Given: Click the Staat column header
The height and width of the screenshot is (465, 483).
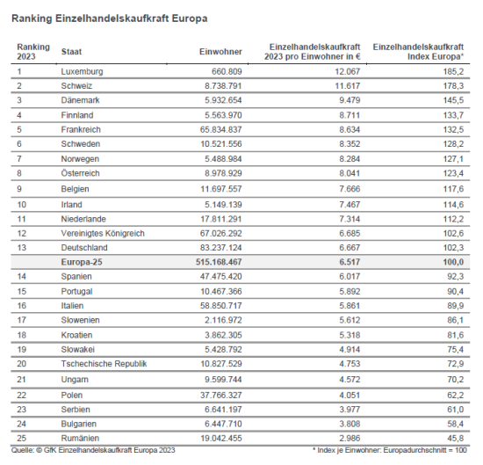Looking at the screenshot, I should pos(72,53).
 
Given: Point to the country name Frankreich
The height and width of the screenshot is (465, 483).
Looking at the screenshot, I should pos(82,128).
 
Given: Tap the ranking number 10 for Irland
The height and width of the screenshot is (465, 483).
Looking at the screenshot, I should pos(22,203).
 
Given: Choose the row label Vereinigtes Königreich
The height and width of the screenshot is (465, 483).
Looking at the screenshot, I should pos(102,232).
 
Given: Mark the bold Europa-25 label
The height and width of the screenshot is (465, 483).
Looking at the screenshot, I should pos(83,261).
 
